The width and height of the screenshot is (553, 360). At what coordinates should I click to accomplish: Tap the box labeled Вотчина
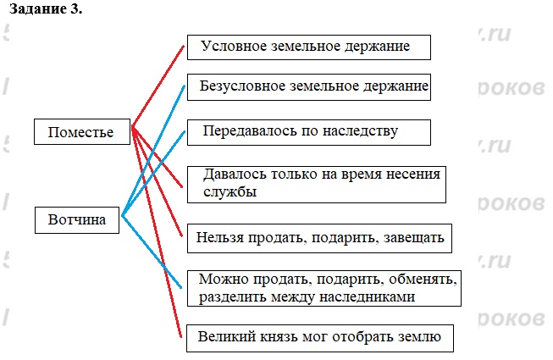point(77,219)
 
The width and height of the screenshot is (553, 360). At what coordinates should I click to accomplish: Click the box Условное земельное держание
point(308,47)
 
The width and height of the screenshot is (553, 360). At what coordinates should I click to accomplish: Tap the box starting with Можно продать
point(325,287)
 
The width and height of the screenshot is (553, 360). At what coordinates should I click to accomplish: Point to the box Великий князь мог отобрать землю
point(319,337)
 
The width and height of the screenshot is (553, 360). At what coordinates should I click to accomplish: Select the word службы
point(230,192)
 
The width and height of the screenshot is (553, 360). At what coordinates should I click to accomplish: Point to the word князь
point(273,337)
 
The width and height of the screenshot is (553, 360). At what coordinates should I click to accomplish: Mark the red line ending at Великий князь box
point(161,254)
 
